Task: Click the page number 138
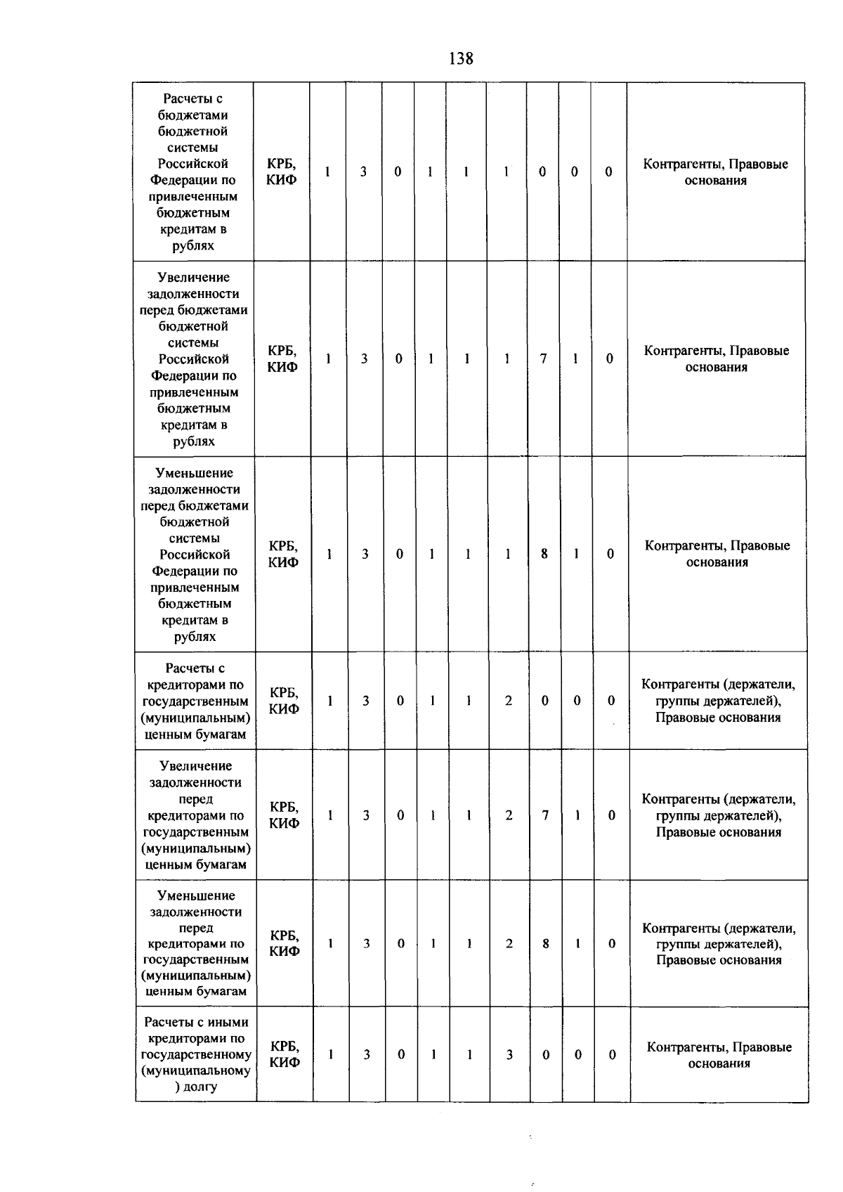point(461,58)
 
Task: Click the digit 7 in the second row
point(543,358)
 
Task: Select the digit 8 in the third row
point(544,554)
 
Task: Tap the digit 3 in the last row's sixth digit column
point(509,1054)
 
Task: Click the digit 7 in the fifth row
point(545,815)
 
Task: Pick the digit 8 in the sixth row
point(546,944)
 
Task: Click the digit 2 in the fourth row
point(509,701)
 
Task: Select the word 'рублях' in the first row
point(193,246)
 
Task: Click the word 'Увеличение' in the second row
point(193,278)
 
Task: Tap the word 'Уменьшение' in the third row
point(194,473)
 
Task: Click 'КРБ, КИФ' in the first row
point(282,171)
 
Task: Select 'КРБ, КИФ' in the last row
point(285,1054)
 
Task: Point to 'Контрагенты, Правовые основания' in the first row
point(715,171)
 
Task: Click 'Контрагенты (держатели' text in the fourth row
point(718,685)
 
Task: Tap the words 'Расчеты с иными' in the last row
point(196,1022)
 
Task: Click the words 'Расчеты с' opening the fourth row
point(195,668)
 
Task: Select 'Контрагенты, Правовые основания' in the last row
point(719,1055)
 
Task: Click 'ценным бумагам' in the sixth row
point(196,992)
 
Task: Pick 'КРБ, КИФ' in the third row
point(283,554)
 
